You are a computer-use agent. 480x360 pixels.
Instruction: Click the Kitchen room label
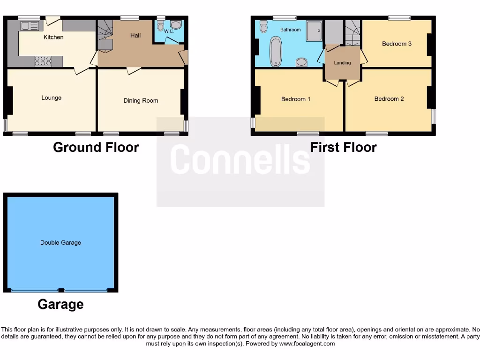point(53,37)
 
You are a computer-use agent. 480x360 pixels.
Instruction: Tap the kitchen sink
point(29,26)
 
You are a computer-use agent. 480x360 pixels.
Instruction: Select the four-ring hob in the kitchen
point(43,61)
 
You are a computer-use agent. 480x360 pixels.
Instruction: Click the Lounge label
point(51,97)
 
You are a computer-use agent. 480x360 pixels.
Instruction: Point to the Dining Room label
point(141,100)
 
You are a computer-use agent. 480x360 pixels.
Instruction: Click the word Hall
point(135,35)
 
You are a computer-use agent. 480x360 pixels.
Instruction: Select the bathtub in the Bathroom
point(276,51)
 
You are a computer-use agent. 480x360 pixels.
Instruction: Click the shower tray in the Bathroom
point(315,31)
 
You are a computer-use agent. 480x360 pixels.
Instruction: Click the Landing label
point(342,63)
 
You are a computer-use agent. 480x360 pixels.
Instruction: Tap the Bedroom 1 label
point(296,99)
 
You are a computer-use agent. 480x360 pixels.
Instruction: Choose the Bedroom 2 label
point(389,98)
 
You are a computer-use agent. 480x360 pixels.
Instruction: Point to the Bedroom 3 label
point(397,44)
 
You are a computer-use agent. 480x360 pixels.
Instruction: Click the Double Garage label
point(60,242)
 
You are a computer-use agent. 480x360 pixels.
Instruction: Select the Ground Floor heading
point(96,147)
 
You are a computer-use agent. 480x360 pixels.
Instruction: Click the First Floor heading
point(343,147)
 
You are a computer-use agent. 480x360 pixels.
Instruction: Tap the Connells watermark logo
point(240,159)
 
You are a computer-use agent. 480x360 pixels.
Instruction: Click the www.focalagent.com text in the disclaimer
point(308,344)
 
